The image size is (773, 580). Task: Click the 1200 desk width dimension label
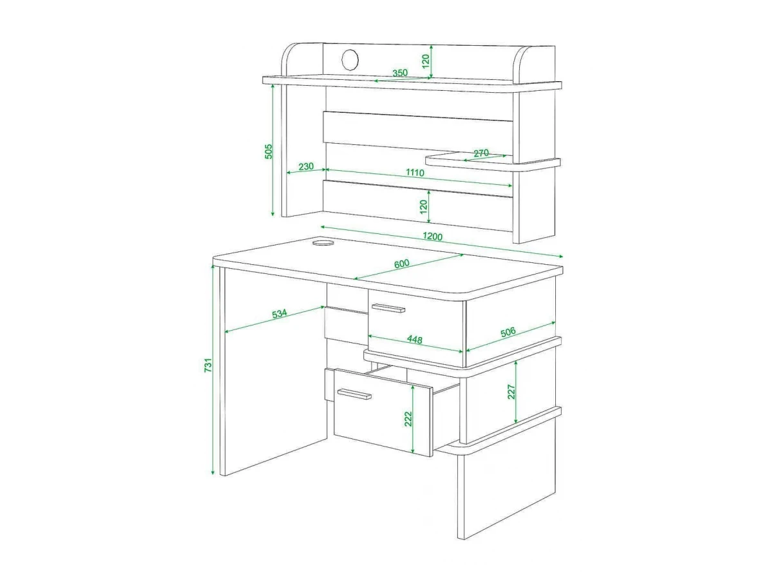click(x=432, y=237)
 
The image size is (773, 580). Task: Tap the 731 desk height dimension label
click(x=208, y=365)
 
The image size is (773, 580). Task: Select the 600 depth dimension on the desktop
click(x=402, y=264)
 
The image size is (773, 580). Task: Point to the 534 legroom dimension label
click(x=280, y=313)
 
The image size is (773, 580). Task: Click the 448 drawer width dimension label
click(x=414, y=339)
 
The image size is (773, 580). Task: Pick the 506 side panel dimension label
click(x=508, y=332)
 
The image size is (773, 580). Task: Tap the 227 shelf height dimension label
click(x=511, y=392)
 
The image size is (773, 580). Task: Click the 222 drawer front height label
click(x=408, y=419)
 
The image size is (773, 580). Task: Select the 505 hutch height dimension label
click(x=269, y=151)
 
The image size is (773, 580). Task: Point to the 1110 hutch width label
click(x=415, y=173)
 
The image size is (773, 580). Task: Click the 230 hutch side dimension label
click(x=306, y=166)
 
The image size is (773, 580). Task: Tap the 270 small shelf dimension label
click(x=481, y=153)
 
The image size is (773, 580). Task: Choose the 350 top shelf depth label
click(x=400, y=73)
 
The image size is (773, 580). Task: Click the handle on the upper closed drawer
click(x=388, y=308)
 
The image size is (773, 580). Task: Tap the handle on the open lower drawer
click(x=354, y=394)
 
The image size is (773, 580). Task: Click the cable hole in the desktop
click(x=323, y=242)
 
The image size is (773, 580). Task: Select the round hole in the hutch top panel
click(x=350, y=59)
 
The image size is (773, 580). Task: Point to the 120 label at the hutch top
click(x=426, y=61)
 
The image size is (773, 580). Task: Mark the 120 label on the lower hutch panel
click(x=424, y=206)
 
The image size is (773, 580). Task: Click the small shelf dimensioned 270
click(x=493, y=162)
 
